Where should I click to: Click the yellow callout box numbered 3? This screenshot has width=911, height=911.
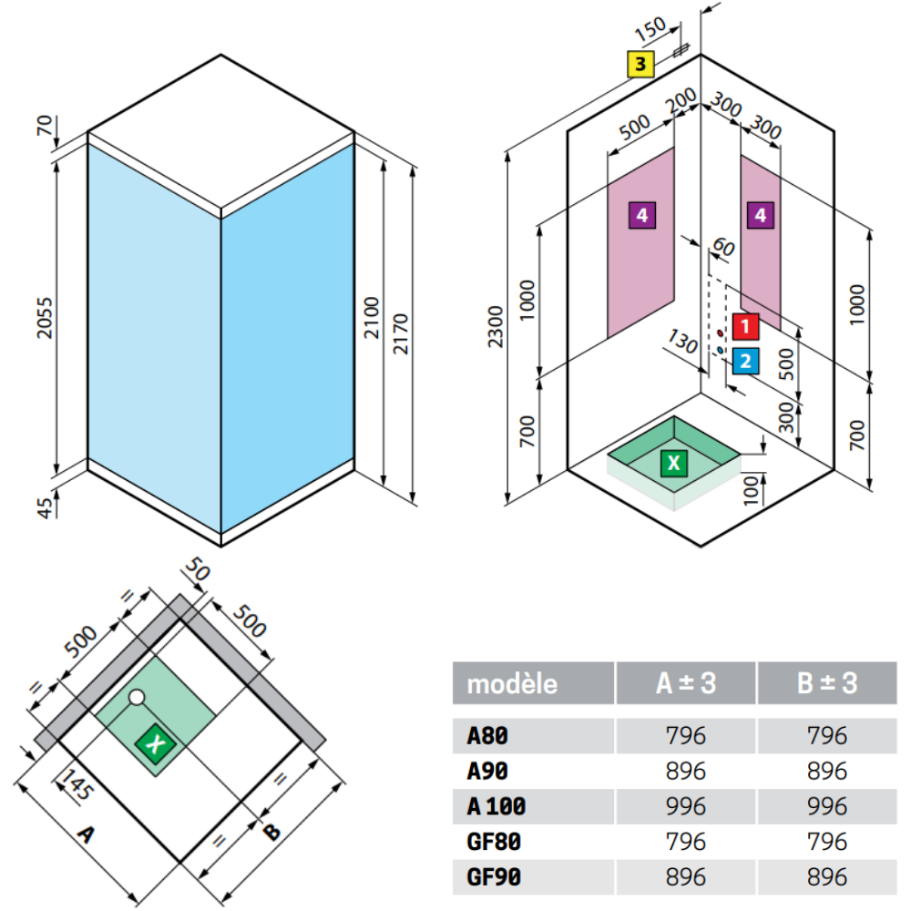(x=640, y=64)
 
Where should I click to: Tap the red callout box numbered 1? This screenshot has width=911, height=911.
(x=745, y=326)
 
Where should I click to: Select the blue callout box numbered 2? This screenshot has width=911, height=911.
(x=745, y=361)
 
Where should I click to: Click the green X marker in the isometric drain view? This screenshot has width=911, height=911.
(x=674, y=463)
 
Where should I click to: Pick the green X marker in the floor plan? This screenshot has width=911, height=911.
(x=155, y=743)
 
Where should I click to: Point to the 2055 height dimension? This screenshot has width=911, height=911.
(x=45, y=318)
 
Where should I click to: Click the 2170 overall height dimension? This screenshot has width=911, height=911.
(x=401, y=334)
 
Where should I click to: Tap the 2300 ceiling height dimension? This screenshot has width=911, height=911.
(x=495, y=326)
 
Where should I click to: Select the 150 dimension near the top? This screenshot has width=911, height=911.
(x=650, y=28)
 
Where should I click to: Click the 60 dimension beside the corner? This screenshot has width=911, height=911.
(x=724, y=248)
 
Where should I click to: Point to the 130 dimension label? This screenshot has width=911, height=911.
(x=682, y=342)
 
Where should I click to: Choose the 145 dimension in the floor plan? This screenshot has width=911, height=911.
(x=77, y=783)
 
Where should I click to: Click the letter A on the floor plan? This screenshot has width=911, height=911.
(x=86, y=834)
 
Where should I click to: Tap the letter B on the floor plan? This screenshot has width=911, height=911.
(x=271, y=832)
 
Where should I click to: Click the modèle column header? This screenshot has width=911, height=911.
(x=512, y=684)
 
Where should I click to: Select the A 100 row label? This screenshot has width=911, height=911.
(x=496, y=806)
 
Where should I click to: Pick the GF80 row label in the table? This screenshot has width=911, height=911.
(x=494, y=842)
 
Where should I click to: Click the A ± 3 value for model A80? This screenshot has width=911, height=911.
(x=686, y=735)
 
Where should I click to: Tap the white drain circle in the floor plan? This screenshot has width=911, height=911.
(x=137, y=697)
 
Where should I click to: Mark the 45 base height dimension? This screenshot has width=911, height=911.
(x=45, y=507)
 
